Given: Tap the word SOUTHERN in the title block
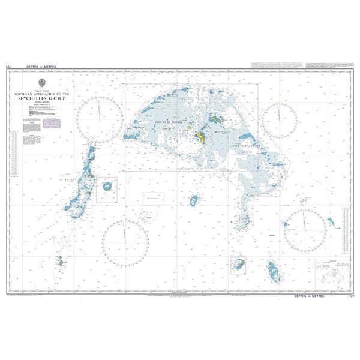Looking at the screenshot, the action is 29,94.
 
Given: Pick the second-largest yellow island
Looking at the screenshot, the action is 214,121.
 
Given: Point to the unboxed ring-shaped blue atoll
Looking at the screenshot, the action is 194,200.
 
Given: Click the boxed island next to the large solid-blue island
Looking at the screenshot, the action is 239,264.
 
